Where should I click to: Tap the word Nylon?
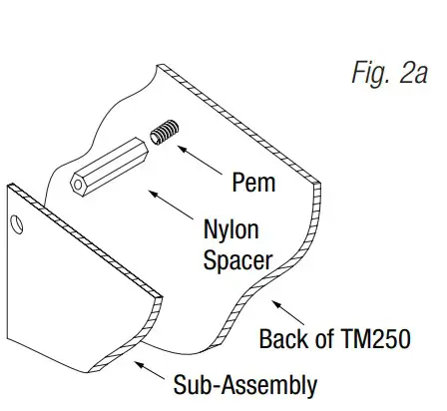[230, 231]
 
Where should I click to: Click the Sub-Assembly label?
[244, 385]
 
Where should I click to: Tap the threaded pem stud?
[163, 133]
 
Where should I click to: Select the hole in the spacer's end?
[76, 185]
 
